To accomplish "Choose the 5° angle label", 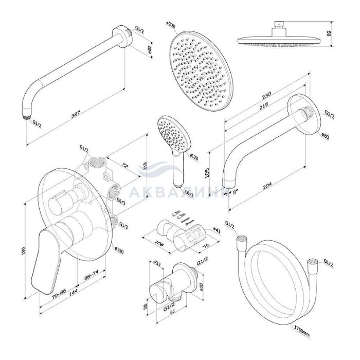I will [235, 192].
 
